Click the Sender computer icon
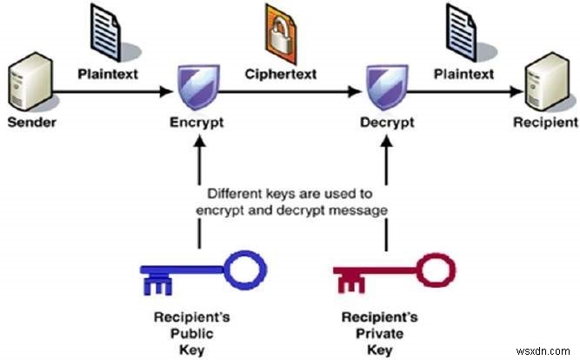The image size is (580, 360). tap(30, 82)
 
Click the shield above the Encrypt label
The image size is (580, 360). tap(198, 87)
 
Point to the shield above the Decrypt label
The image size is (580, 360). tap(387, 87)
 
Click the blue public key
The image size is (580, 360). tap(203, 272)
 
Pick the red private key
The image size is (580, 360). tap(394, 272)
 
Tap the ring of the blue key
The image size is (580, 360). tap(245, 253)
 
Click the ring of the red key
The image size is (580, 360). tap(437, 256)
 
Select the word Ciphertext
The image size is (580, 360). tap(281, 74)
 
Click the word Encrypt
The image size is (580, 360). tap(197, 123)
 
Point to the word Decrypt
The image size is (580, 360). tap(387, 123)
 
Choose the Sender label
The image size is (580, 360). tap(32, 122)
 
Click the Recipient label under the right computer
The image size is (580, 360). tap(545, 122)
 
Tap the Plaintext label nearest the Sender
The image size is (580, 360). tap(108, 74)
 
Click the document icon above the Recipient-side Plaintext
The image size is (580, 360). tap(461, 32)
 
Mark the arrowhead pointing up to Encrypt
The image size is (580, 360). tap(200, 141)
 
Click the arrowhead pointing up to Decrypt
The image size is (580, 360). tap(387, 141)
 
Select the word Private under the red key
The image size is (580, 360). tap(379, 334)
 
